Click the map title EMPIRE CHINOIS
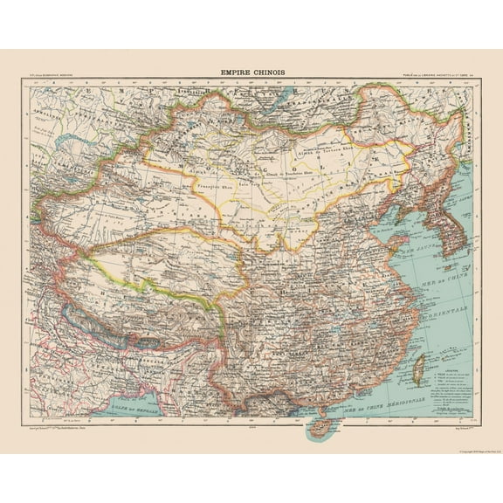coord(251,75)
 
